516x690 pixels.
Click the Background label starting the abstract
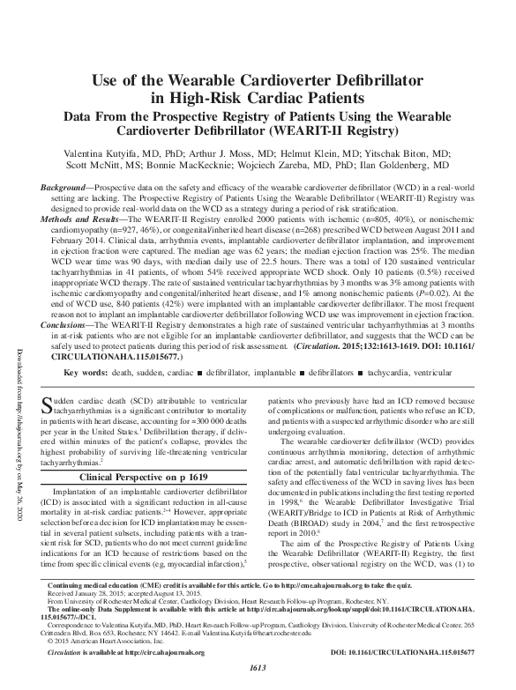pos(68,189)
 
